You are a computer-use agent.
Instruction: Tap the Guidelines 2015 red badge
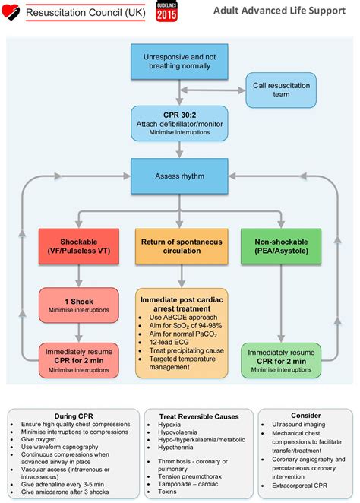pyautogui.click(x=167, y=11)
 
